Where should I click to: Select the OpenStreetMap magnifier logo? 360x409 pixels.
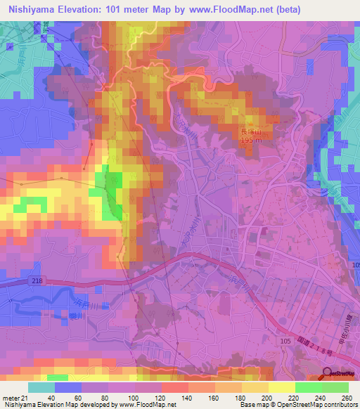point(327,375)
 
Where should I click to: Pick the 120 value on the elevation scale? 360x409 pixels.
point(161,397)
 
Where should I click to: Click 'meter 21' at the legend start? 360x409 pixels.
point(15,397)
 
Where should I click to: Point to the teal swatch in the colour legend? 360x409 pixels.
point(41,387)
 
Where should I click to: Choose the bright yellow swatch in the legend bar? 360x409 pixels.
point(281,387)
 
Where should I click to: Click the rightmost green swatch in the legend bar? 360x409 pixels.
point(335,387)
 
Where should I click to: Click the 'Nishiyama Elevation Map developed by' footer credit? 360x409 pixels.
point(52,405)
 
